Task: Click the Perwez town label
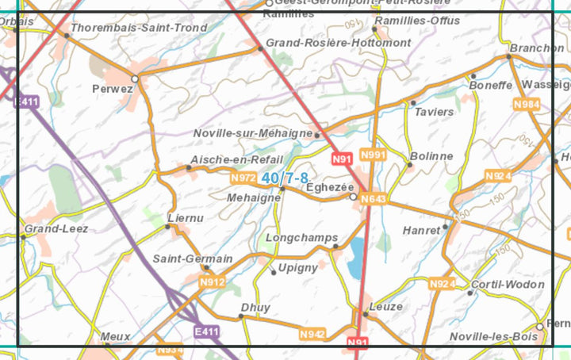point(112,89)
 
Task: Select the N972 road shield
point(243,178)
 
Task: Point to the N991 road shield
point(372,155)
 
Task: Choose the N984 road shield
point(526,105)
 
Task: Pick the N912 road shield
point(213,282)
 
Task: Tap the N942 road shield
point(312,335)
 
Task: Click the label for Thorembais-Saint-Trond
point(139,28)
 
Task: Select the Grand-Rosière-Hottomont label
point(339,42)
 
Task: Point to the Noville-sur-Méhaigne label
point(253,133)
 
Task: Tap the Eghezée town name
point(330,186)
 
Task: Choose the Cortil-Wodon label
point(508,284)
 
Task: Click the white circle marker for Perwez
point(135,79)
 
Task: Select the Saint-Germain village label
point(193,259)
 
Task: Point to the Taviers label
point(433,112)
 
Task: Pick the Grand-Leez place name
point(56,228)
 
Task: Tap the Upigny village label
point(299,268)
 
